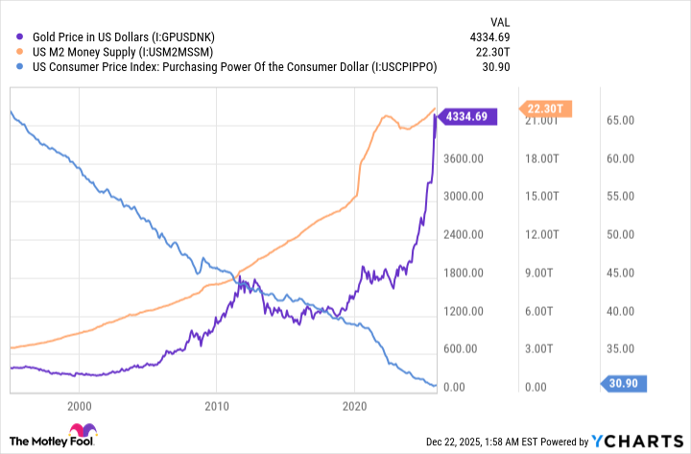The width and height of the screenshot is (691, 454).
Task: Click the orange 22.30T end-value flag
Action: [x=546, y=108]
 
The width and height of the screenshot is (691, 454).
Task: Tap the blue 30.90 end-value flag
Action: [x=628, y=384]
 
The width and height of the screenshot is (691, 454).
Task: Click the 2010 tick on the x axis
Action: [x=217, y=406]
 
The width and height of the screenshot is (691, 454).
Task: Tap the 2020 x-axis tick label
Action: [x=355, y=406]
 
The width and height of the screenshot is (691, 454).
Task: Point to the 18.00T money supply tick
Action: [x=544, y=158]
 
